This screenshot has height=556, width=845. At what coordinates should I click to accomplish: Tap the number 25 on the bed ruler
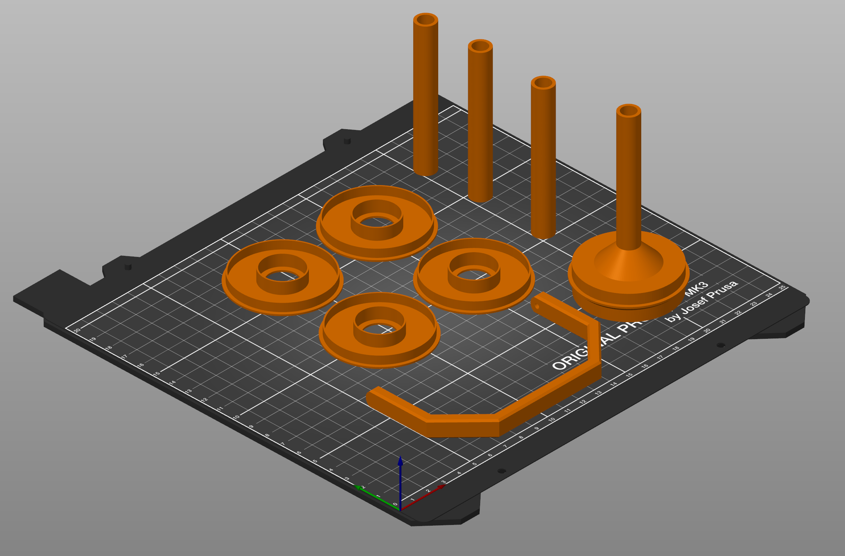tap(782, 287)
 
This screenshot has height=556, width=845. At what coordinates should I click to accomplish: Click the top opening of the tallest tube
tap(426, 19)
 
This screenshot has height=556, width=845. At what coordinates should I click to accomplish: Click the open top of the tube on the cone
tap(629, 111)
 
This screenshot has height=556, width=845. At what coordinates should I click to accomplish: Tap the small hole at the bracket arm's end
tap(537, 307)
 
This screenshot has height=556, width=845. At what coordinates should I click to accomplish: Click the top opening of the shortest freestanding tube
tap(543, 83)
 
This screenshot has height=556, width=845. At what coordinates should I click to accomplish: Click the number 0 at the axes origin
tap(395, 504)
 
